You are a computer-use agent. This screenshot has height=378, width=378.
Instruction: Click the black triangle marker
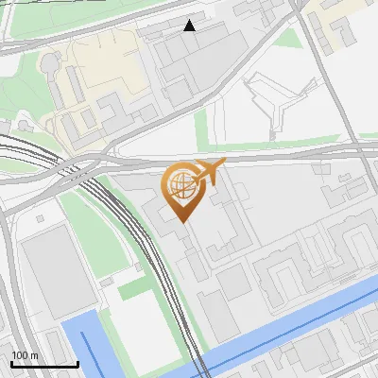point(190,26)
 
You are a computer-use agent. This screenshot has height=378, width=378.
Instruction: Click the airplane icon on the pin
point(212,171)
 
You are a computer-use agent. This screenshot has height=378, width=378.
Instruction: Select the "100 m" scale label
point(26,354)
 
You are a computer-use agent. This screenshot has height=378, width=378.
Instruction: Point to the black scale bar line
point(44,364)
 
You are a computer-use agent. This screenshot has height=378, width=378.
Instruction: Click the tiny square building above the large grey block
point(39,218)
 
